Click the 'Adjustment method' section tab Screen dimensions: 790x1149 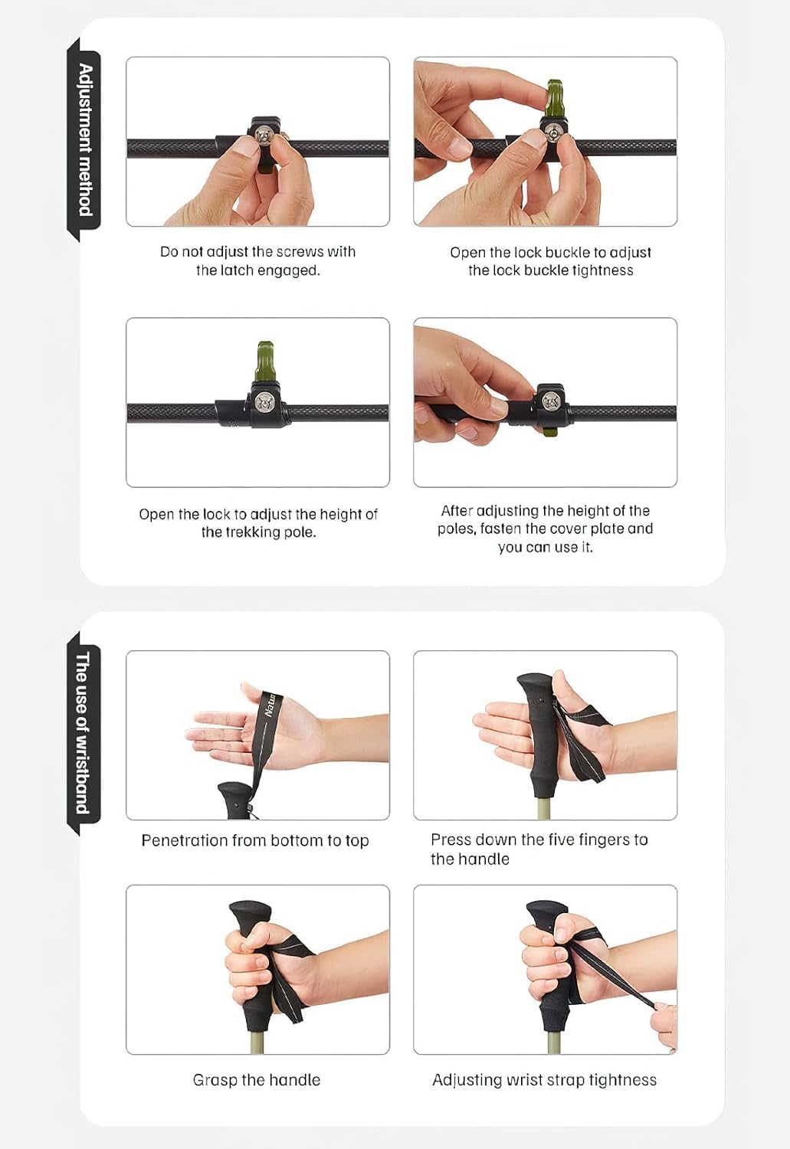(x=84, y=139)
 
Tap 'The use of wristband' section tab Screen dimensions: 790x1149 (x=84, y=733)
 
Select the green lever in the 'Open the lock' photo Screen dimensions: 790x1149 (x=264, y=361)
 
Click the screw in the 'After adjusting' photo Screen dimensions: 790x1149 (x=550, y=400)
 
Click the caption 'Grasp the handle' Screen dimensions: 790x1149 (x=257, y=1080)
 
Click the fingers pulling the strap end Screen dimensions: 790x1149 (x=664, y=1026)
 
